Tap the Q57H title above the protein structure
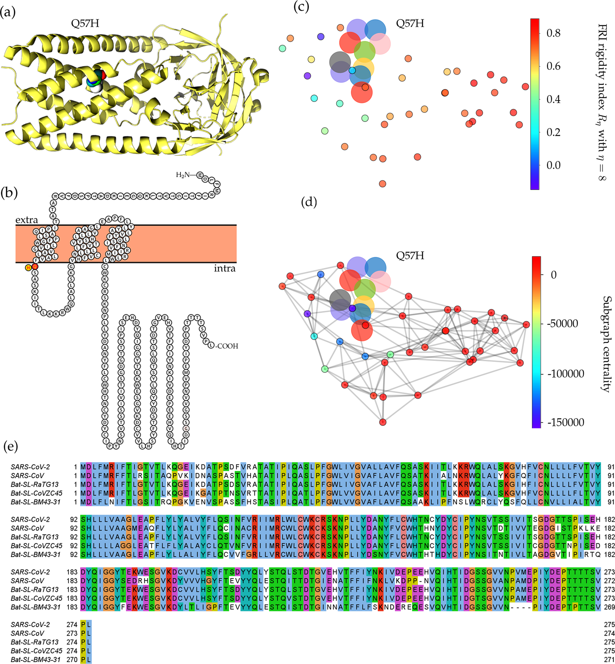tap(85, 24)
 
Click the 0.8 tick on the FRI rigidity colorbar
tap(553, 33)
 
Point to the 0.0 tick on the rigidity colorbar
tap(553, 165)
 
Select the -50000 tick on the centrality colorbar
tap(562, 323)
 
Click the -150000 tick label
tap(565, 422)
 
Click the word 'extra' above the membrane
tap(26, 220)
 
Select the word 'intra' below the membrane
tap(225, 268)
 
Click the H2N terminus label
tap(183, 175)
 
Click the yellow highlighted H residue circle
tap(28, 267)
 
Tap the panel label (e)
tap(10, 446)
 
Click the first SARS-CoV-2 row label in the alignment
tap(30, 467)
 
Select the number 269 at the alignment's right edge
tap(609, 607)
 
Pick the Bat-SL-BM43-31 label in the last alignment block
tap(35, 660)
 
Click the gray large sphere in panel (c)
tap(340, 62)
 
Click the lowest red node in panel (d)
tap(383, 422)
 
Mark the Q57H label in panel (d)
tap(410, 256)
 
